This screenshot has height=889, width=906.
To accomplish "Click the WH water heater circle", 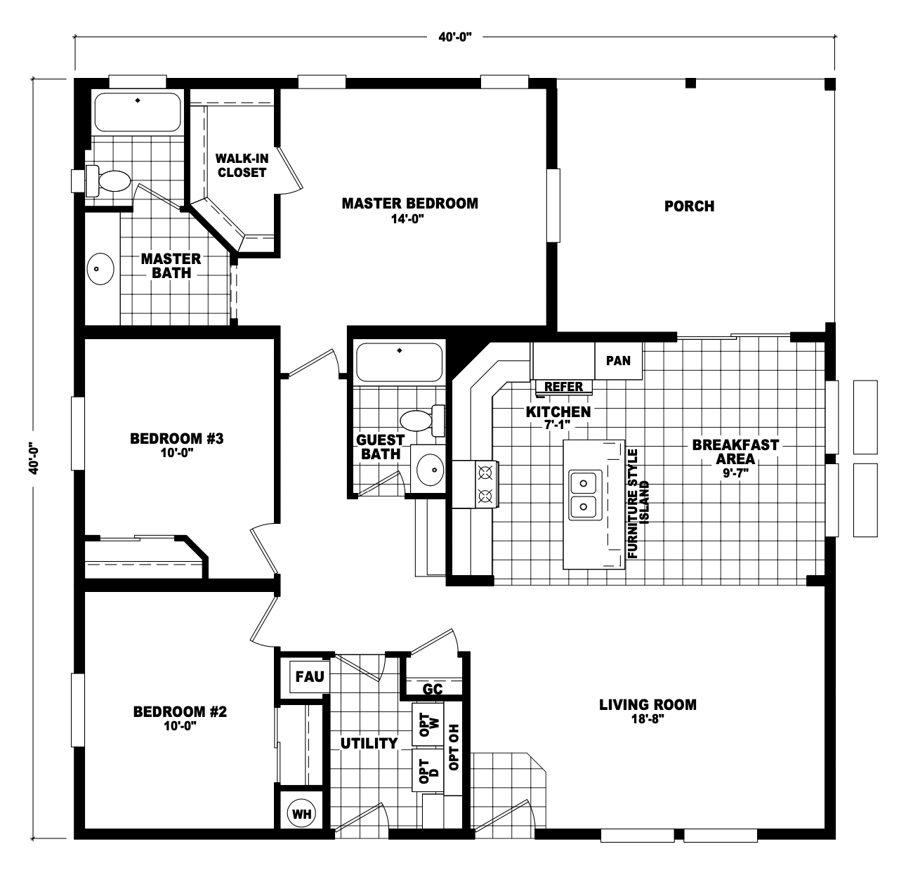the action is click(301, 813).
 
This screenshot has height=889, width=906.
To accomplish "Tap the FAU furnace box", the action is click(309, 676).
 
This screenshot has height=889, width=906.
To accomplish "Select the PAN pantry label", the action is click(618, 360).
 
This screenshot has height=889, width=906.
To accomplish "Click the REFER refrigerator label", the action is click(563, 386).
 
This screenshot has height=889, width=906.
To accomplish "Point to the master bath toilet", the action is click(108, 181).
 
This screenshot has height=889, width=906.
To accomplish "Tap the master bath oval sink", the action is click(100, 269).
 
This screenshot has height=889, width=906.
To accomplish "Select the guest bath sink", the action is click(431, 470).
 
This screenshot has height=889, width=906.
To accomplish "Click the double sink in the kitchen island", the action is click(585, 495).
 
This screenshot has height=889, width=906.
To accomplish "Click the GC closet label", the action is click(433, 689).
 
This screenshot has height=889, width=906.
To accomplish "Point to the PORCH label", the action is click(689, 206).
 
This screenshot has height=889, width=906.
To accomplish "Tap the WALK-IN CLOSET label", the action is click(242, 166).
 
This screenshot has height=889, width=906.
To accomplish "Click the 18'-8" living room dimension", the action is click(648, 720).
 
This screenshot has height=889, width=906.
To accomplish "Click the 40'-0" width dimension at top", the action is click(455, 37).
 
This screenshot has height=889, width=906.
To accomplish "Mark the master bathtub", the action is click(138, 112).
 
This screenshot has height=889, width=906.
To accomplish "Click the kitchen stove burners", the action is click(486, 484).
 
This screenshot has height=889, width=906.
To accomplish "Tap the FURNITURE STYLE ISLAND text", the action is click(638, 503).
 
